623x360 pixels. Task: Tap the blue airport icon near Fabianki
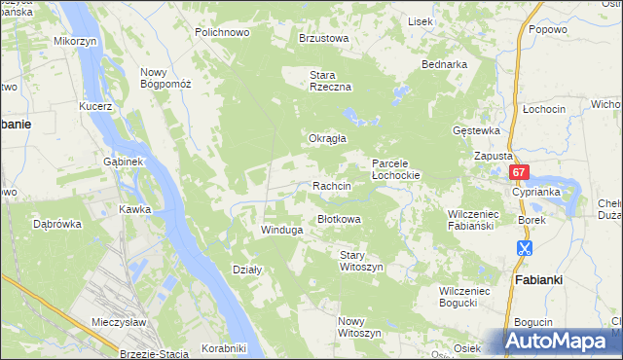coord(524,248)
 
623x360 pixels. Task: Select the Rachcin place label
coord(331,185)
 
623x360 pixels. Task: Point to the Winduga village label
coord(281,231)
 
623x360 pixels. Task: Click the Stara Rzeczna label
coord(329,80)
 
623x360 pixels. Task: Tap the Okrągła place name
coord(328,138)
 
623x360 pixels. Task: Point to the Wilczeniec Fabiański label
coord(472,219)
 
